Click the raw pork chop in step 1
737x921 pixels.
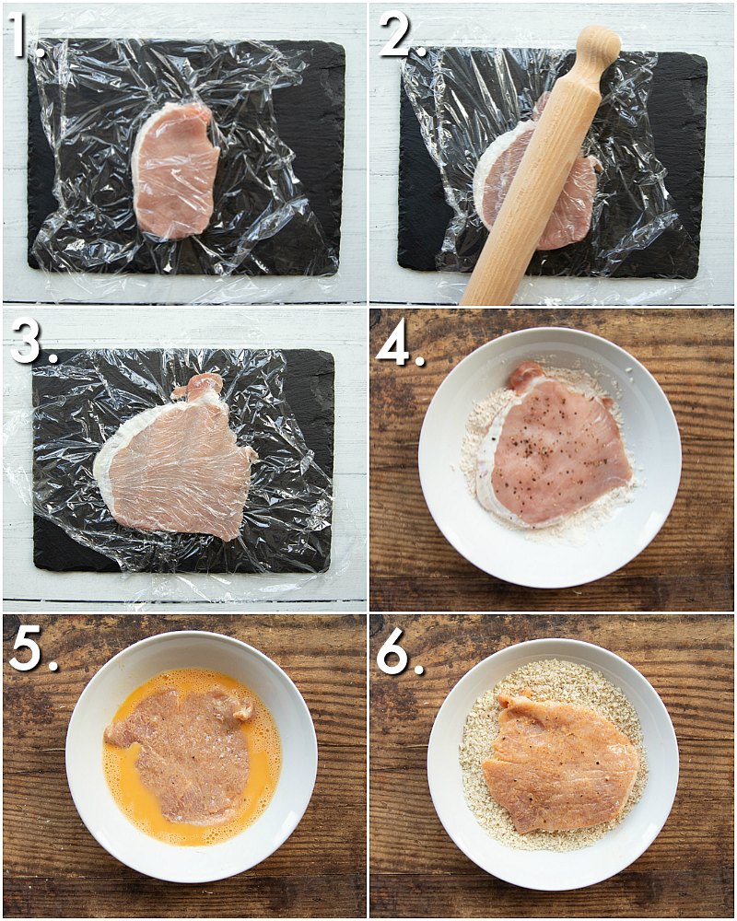pyautogui.click(x=175, y=170)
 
